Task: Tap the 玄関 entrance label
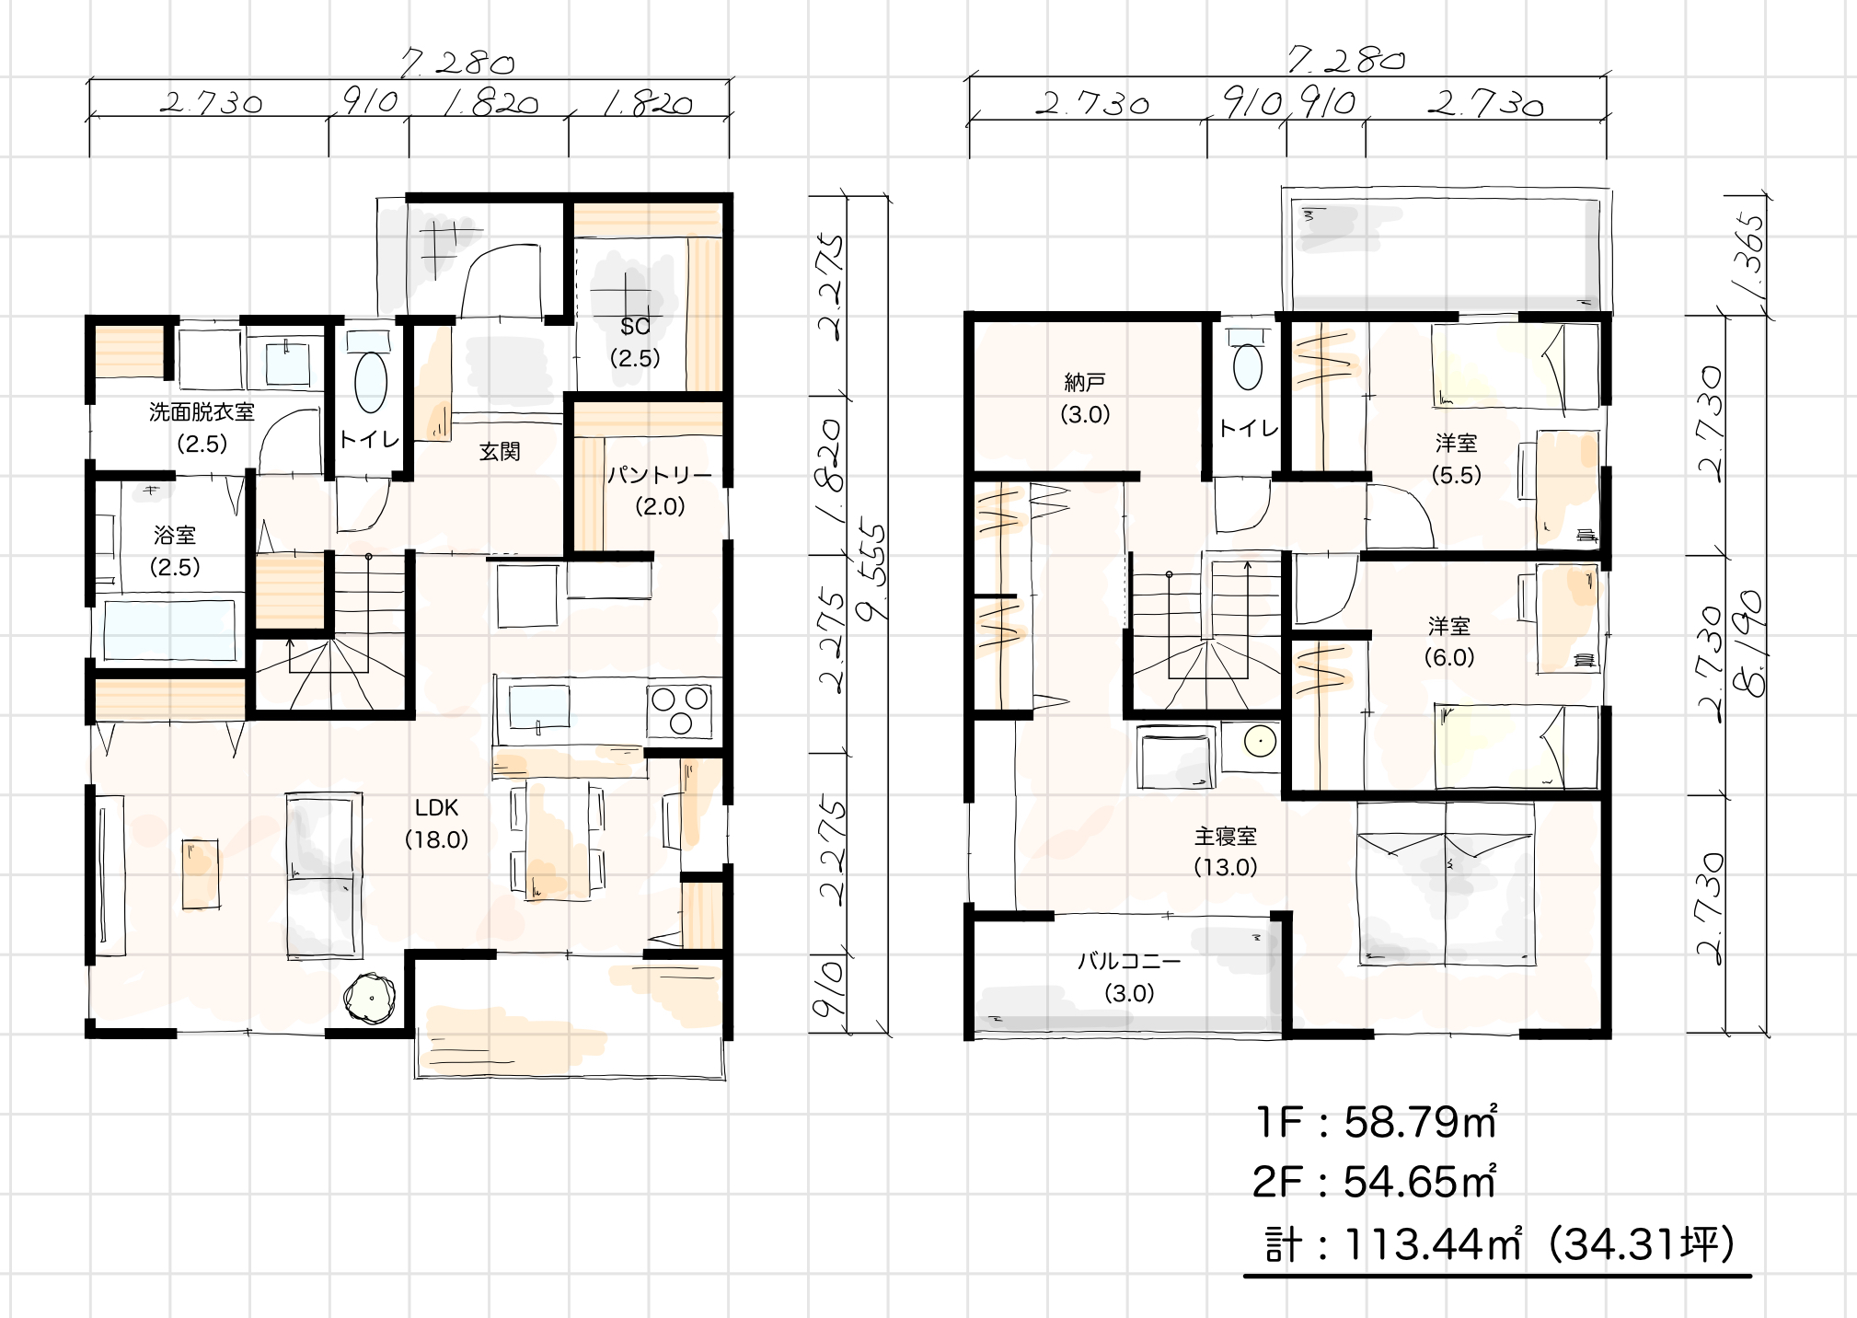(500, 452)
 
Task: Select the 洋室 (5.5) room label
(1456, 458)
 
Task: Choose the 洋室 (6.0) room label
(1449, 642)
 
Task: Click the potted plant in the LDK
(370, 998)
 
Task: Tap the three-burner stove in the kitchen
(681, 710)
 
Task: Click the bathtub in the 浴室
(169, 630)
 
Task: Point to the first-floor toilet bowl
(371, 383)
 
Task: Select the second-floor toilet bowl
(1248, 366)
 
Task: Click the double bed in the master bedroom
(1447, 884)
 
